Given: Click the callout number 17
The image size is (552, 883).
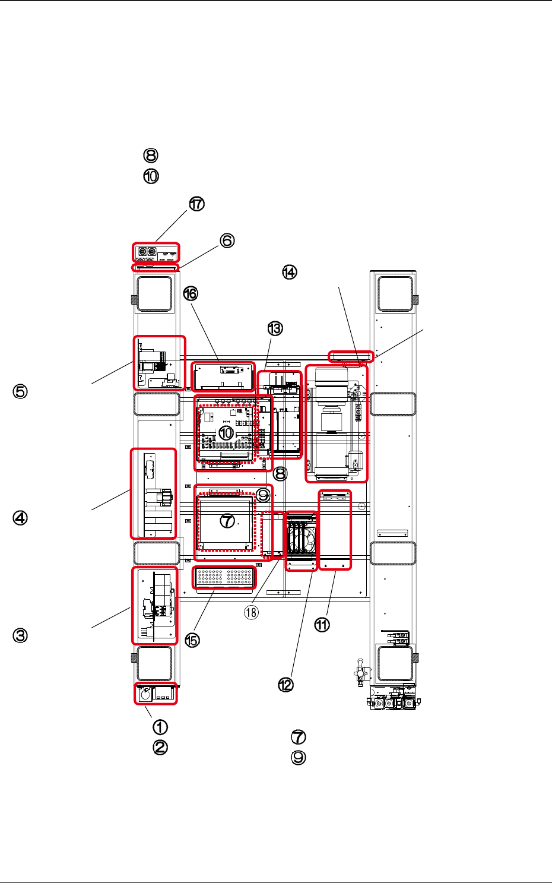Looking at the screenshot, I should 196,204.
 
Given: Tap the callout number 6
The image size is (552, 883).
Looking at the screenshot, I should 227,240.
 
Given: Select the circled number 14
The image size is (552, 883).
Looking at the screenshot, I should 289,273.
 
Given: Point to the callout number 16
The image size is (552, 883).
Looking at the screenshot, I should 191,293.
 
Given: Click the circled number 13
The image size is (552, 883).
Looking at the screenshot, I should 275,328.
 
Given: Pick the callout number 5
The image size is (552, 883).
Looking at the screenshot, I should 21,392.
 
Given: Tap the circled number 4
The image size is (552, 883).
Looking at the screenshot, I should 21,518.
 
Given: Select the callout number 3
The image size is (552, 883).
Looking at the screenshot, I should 21,635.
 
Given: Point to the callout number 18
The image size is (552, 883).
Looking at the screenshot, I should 252,612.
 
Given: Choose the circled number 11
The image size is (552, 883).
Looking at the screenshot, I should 322,625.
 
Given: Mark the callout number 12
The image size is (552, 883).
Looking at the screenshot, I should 286,685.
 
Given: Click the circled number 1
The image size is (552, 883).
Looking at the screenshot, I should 160,727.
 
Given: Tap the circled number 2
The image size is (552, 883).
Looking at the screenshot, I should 160,747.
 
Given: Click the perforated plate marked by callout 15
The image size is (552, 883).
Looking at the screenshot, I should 224,577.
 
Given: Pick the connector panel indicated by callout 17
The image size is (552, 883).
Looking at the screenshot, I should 156,252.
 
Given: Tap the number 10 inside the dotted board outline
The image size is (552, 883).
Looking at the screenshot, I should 226,433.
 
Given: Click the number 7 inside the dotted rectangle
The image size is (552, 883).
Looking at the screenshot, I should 227,521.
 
